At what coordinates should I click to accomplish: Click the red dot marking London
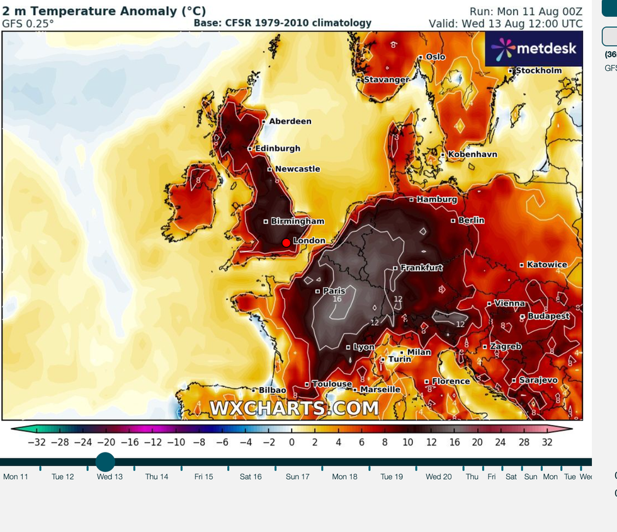coord(286,243)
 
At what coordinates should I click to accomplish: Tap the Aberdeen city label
coord(290,121)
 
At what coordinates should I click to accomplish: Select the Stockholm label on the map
coord(538,71)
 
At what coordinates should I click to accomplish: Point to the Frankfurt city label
coord(421,267)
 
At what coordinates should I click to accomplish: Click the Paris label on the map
coord(334,291)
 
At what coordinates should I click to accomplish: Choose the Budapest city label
coord(548,316)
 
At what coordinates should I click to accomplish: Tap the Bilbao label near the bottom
coord(272,391)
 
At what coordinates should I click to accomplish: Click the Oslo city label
coord(435,57)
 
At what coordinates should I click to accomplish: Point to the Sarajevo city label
coord(538,380)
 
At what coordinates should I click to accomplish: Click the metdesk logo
coord(533,49)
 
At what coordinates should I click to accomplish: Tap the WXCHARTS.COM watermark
coord(294,408)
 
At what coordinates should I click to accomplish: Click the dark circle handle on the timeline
coord(105,462)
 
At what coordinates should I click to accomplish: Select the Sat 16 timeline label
coord(251,477)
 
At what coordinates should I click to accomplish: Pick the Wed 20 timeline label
coord(438,477)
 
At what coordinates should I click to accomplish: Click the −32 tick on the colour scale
coord(37,442)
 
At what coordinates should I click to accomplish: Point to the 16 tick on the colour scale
coord(455,442)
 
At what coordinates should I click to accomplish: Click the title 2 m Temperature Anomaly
coord(104,11)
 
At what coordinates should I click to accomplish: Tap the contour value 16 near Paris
coord(337,299)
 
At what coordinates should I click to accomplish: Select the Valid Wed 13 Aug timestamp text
coord(506,23)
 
